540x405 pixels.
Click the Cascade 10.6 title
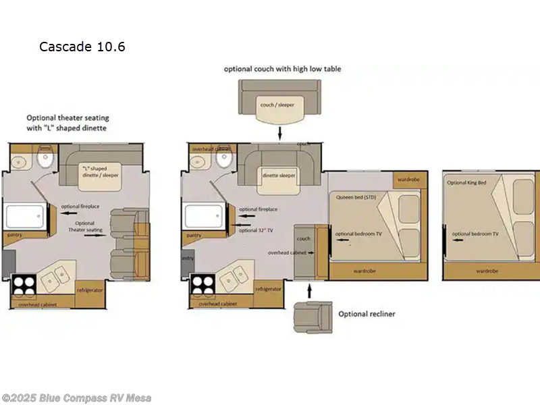(82, 47)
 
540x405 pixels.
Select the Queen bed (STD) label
(355, 196)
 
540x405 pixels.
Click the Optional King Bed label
(466, 183)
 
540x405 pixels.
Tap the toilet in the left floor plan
(45, 160)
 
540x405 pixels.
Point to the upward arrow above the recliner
(310, 290)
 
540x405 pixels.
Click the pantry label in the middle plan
(193, 235)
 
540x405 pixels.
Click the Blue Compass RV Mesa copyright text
(76, 398)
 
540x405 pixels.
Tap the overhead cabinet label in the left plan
(38, 304)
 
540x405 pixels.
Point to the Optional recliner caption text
(367, 314)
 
